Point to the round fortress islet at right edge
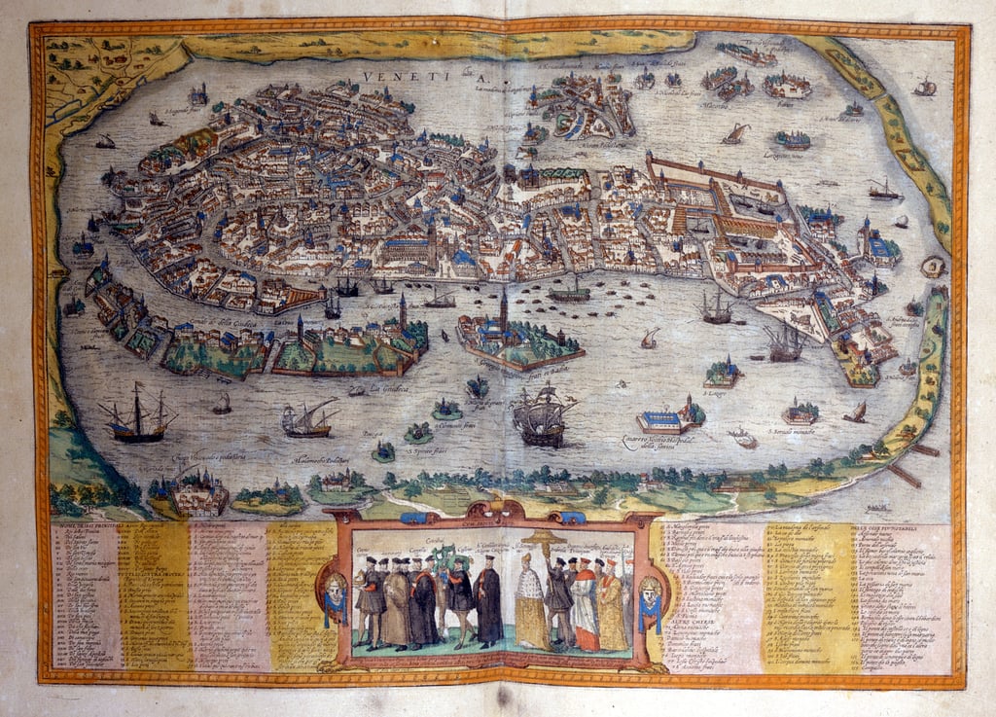point(934,266)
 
